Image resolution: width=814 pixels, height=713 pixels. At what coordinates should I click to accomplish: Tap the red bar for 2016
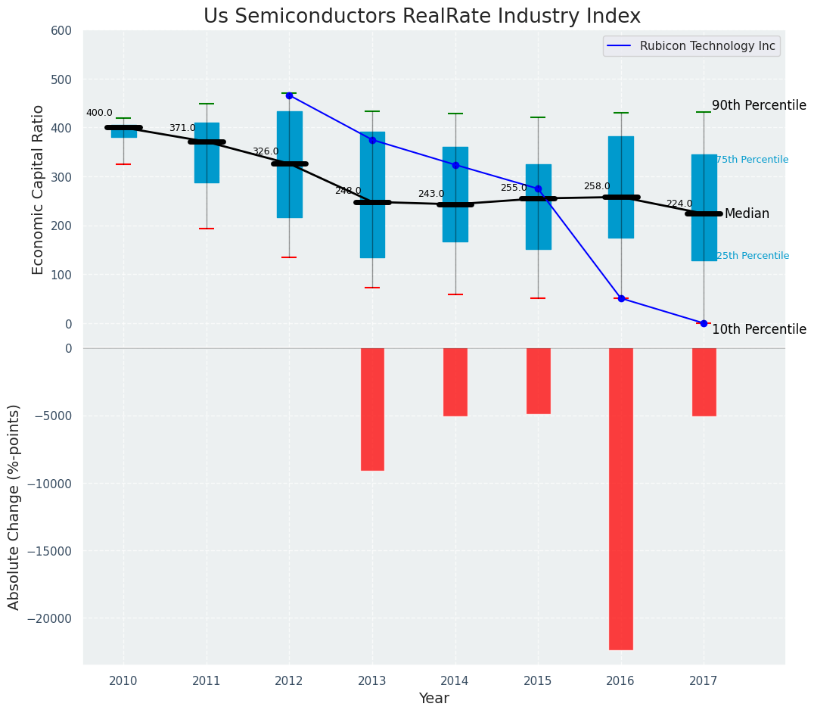click(620, 498)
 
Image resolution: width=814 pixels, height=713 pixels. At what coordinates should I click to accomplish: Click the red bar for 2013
click(372, 409)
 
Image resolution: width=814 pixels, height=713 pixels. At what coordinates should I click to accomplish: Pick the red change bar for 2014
click(455, 381)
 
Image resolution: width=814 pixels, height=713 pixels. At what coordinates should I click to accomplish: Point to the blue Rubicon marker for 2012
click(289, 95)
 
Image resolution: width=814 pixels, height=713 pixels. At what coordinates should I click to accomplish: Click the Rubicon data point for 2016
click(621, 298)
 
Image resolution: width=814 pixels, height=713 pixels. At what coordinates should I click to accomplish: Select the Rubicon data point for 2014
click(455, 165)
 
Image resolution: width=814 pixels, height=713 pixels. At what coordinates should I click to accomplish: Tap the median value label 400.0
click(99, 113)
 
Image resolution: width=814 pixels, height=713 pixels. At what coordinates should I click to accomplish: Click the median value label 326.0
click(265, 151)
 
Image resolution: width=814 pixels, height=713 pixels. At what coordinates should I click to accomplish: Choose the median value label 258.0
click(596, 186)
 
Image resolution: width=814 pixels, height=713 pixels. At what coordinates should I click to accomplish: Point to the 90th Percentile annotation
click(759, 106)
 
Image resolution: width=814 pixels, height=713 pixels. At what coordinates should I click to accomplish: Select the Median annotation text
click(747, 214)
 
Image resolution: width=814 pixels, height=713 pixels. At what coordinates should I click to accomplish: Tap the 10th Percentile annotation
click(759, 329)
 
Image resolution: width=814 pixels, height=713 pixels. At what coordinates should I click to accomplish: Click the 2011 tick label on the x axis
click(207, 681)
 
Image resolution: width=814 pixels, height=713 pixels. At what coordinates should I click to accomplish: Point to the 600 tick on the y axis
click(61, 31)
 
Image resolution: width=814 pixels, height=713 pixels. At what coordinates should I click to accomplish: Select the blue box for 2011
click(207, 153)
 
